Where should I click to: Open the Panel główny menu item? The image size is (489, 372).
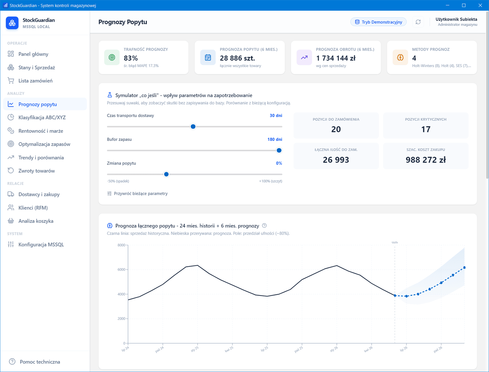(33, 54)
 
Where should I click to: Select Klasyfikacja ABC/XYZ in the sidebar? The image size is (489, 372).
(42, 117)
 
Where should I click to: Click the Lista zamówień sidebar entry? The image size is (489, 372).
(35, 81)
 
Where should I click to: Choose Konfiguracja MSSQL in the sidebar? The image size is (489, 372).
(41, 244)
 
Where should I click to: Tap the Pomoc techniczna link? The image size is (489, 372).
(40, 362)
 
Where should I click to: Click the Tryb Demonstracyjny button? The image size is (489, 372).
(378, 22)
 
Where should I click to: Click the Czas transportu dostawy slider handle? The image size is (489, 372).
(193, 126)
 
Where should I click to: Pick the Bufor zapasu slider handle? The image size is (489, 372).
(279, 150)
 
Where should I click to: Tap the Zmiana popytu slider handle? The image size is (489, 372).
(166, 174)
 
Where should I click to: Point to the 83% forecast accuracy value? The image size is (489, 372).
(131, 58)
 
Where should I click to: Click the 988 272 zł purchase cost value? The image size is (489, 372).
(425, 160)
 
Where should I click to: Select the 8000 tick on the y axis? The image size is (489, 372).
(121, 245)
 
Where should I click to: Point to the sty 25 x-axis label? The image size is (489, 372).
(194, 349)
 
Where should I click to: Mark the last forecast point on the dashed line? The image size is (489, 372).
(464, 267)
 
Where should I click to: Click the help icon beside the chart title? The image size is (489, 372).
(264, 226)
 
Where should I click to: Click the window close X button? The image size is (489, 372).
(480, 5)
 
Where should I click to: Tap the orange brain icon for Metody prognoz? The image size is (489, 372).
(400, 57)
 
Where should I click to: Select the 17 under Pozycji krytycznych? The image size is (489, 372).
(425, 129)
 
